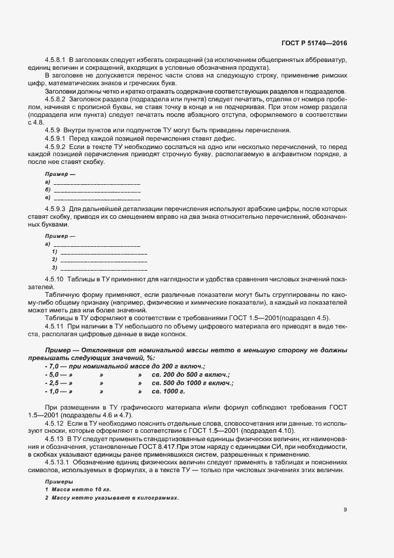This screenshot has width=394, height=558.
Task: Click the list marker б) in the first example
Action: click(x=47, y=190)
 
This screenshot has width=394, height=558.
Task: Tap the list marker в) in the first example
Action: click(x=47, y=197)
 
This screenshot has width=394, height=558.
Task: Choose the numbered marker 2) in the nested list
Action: click(x=54, y=259)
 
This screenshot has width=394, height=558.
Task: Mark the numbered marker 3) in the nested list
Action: click(x=54, y=267)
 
